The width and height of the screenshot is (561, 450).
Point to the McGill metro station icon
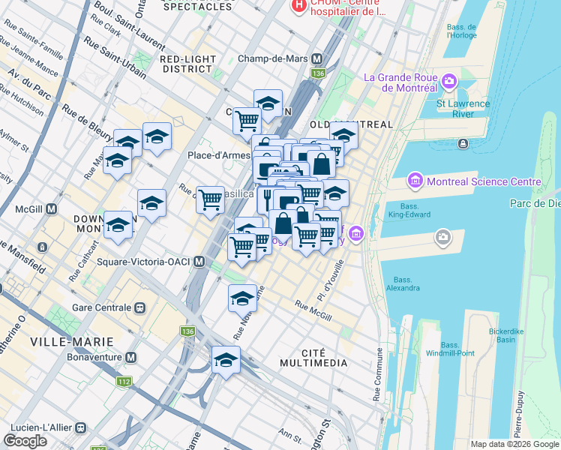tap(52, 209)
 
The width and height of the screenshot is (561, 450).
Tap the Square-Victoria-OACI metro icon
tap(199, 262)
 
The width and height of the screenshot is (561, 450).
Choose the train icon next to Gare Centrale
tap(139, 307)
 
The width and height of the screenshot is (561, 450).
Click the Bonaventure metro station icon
tap(131, 357)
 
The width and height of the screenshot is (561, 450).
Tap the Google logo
tap(25, 441)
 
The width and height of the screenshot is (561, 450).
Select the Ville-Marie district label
tap(72, 341)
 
